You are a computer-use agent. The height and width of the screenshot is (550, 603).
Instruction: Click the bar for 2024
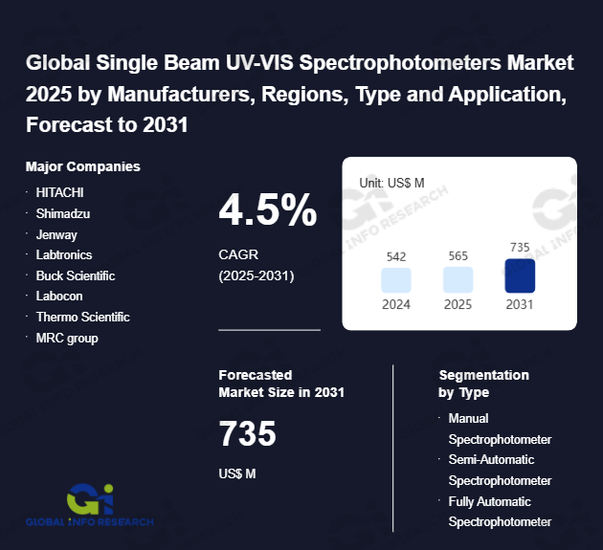(x=396, y=280)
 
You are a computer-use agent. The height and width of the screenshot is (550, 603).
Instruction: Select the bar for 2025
(x=458, y=280)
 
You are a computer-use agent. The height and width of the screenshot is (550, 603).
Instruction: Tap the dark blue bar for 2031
(x=520, y=276)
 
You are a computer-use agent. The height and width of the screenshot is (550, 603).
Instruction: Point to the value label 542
(x=396, y=256)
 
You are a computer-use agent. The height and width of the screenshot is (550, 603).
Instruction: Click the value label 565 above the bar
(x=458, y=256)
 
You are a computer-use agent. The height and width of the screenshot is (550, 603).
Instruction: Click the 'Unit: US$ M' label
(x=391, y=182)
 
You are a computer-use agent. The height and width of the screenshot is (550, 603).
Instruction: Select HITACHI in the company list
(x=60, y=192)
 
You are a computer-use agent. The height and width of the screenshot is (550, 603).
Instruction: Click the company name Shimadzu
(x=63, y=213)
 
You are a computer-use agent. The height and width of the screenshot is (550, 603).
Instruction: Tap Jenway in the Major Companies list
(x=56, y=234)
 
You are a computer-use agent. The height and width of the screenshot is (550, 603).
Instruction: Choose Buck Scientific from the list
(x=76, y=275)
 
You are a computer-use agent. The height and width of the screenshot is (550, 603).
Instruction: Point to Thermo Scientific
(x=82, y=317)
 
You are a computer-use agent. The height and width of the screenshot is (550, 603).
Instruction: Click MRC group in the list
(x=67, y=338)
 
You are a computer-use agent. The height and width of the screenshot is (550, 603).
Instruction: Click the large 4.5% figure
(x=268, y=210)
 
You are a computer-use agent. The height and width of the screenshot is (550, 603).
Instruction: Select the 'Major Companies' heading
(x=83, y=166)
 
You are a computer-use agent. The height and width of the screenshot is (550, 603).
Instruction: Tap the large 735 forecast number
(x=248, y=434)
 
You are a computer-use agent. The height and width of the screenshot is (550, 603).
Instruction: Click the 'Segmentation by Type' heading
(x=483, y=384)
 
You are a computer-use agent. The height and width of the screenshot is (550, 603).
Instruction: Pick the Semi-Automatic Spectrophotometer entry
(x=500, y=470)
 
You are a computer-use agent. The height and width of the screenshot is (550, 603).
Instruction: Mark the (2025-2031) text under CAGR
(x=256, y=275)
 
